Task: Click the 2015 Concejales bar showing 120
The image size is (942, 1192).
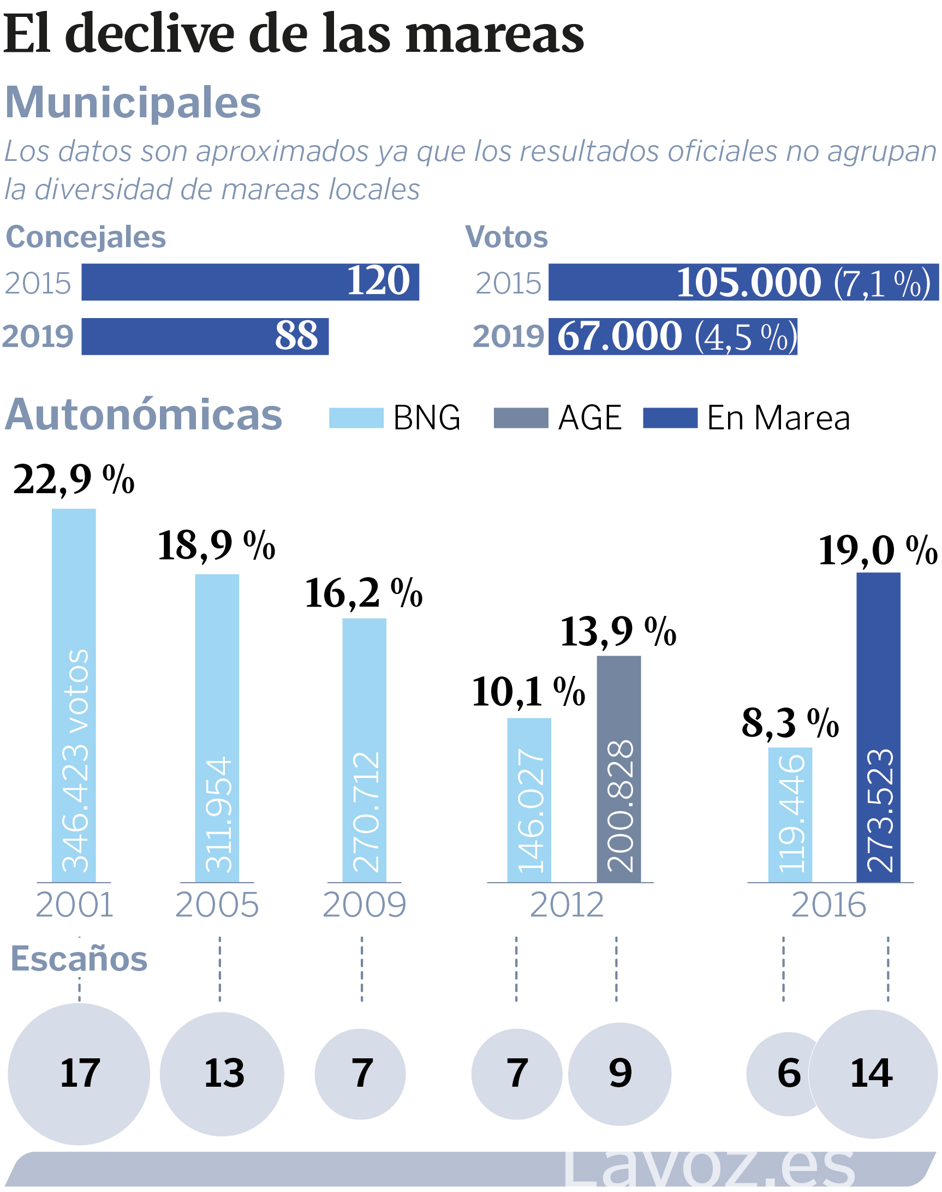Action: [250, 281]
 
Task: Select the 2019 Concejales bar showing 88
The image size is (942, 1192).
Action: [205, 336]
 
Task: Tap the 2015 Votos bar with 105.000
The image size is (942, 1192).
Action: [743, 281]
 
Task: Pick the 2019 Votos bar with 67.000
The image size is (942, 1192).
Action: [672, 336]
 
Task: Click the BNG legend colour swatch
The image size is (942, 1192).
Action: [356, 418]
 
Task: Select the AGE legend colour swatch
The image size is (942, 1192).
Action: [521, 418]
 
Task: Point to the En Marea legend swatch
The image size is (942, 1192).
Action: [670, 418]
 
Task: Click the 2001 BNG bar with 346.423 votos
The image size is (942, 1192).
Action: [74, 694]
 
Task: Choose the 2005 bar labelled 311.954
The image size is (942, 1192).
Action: [217, 728]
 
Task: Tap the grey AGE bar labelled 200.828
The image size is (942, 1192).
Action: [619, 769]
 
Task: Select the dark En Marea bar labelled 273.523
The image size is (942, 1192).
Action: [878, 728]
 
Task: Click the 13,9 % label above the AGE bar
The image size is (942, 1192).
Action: [618, 631]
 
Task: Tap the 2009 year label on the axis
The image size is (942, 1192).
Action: [364, 905]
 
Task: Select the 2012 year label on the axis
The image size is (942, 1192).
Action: [567, 905]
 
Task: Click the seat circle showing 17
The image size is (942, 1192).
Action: [79, 1074]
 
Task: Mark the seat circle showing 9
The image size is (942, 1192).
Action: [620, 1074]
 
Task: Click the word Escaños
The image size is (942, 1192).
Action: [79, 958]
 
